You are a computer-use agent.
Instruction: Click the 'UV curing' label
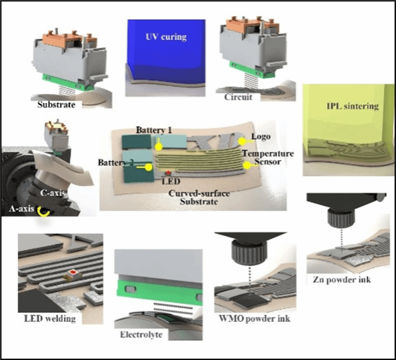pos(166,37)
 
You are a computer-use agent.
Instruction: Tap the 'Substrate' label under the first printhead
pos(56,105)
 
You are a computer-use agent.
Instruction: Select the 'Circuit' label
pos(238,97)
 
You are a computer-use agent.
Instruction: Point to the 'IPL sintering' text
pos(353,106)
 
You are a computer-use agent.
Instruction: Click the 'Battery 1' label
pos(154,130)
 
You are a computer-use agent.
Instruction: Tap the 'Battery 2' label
pos(115,163)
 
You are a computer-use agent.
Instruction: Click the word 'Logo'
pos(261,137)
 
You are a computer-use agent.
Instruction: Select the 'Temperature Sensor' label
pos(268,157)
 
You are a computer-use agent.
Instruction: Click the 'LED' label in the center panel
pos(171,181)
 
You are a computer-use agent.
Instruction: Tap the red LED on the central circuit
pos(168,173)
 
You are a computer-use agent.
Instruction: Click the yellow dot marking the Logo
pos(242,142)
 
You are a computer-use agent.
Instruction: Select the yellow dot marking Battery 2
pos(149,167)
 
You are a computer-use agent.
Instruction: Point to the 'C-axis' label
pos(53,193)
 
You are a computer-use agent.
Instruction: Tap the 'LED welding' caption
pos(50,319)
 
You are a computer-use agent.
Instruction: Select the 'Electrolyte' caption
pos(141,335)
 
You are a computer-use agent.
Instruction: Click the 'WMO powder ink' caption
pos(254,318)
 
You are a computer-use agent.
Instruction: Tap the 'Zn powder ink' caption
pos(342,279)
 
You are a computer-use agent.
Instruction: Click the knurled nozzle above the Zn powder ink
pos(341,218)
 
